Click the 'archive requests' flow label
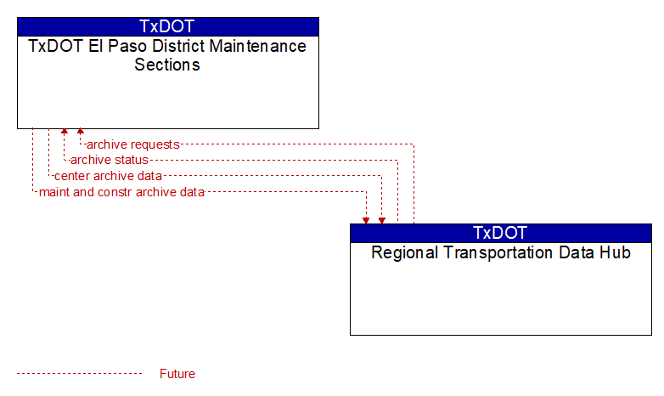[x=133, y=144]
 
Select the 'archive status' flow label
[x=110, y=160]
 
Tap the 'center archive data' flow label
[x=108, y=176]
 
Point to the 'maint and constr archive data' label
[x=121, y=192]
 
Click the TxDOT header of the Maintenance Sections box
[x=167, y=26]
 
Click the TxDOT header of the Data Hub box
[x=500, y=233]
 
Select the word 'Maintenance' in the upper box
[x=258, y=46]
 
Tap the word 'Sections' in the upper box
[x=167, y=65]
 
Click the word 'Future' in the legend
[x=177, y=374]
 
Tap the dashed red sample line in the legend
[x=80, y=374]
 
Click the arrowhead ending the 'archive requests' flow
[x=80, y=132]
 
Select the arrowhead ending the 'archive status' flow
[x=65, y=132]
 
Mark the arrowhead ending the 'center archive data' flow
[x=382, y=221]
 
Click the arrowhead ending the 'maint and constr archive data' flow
[x=366, y=221]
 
